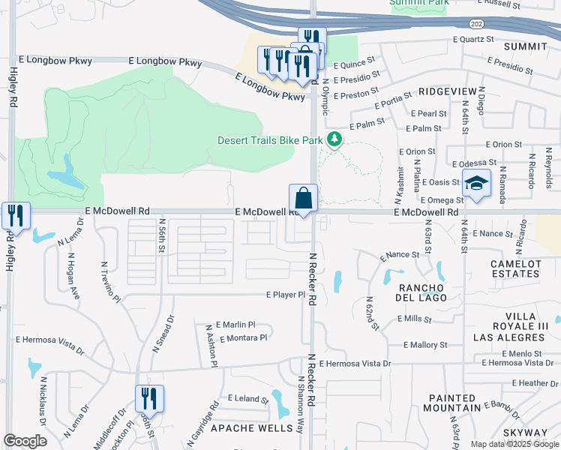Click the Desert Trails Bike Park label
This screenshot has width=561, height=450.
click(x=270, y=140)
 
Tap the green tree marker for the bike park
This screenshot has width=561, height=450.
click(x=334, y=139)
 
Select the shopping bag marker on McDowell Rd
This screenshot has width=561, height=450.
click(x=303, y=199)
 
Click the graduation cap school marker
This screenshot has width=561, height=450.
click(x=475, y=184)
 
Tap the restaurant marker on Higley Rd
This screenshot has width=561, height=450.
click(x=15, y=216)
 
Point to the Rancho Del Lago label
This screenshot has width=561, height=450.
click(x=423, y=292)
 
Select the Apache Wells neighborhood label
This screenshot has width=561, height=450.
click(x=251, y=428)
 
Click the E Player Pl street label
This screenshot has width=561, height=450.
click(x=286, y=295)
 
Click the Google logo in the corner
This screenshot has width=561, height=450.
click(x=25, y=440)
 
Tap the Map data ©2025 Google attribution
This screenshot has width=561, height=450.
click(x=514, y=444)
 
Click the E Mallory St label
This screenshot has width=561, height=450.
click(x=425, y=345)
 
